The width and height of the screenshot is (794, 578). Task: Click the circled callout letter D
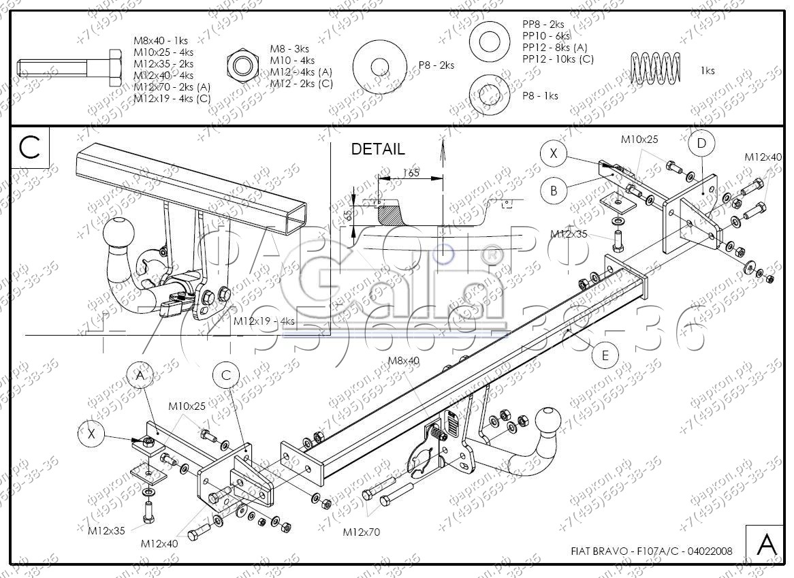click(x=701, y=144)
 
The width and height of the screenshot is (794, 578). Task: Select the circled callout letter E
click(x=605, y=355)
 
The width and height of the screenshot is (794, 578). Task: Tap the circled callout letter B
click(x=554, y=191)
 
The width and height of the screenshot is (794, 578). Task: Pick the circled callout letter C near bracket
click(x=226, y=375)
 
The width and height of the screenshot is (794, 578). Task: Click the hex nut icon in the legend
click(x=242, y=65)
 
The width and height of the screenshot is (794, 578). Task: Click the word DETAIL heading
click(x=377, y=149)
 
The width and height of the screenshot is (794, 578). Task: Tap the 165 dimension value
click(x=411, y=172)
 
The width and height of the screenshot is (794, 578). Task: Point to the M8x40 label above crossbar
click(x=404, y=361)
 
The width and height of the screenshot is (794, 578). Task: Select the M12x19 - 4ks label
click(x=264, y=321)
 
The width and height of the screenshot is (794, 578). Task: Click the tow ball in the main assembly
click(x=549, y=419)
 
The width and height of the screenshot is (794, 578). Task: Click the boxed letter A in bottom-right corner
click(x=766, y=545)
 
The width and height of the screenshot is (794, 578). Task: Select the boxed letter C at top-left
click(x=30, y=147)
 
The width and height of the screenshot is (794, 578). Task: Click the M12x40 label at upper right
click(x=763, y=157)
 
